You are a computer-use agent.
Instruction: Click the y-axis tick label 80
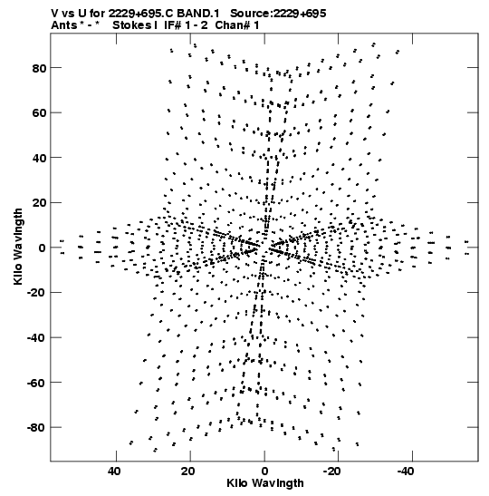point(39,68)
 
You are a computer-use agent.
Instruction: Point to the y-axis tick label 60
point(39,113)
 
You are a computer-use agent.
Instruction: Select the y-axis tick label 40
point(39,158)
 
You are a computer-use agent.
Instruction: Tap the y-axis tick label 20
point(39,203)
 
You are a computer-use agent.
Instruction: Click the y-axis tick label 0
point(43,248)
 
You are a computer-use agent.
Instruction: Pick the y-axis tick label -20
point(36,293)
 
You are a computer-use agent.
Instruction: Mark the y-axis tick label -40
point(36,338)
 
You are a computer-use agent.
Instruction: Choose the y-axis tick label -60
point(36,383)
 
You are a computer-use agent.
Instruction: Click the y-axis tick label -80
point(36,428)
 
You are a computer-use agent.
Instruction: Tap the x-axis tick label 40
point(114,472)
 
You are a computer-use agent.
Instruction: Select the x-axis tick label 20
point(188,472)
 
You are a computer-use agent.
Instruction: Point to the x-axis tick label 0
point(264,472)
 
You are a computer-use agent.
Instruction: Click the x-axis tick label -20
point(331,472)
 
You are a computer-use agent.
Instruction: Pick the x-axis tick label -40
point(406,472)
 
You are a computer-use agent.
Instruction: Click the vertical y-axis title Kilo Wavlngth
point(18,247)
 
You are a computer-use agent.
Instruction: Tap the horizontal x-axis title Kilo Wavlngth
point(265,483)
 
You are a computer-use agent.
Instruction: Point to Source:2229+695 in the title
point(278,14)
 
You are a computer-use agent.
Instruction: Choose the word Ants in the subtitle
point(64,25)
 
